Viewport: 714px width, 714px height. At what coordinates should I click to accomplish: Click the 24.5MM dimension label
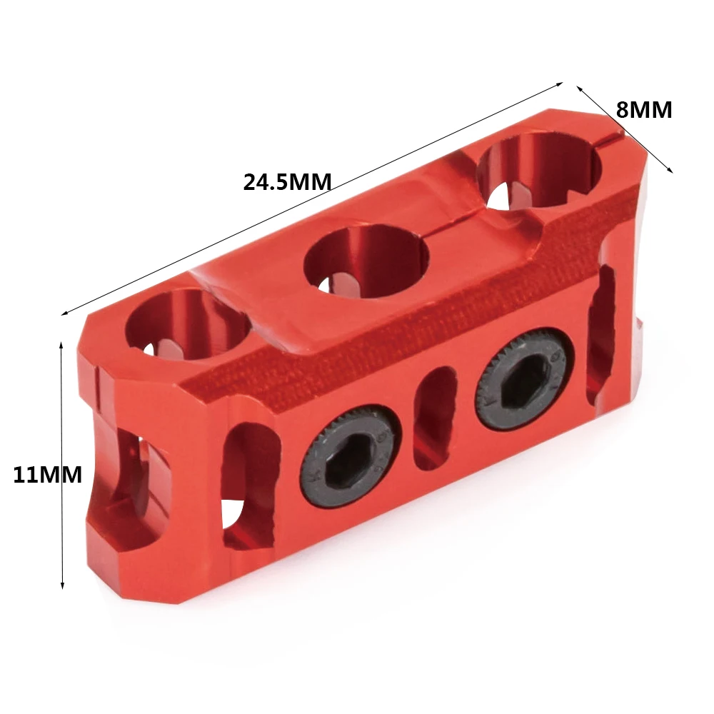287,182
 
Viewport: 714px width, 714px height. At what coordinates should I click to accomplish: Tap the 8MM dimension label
644,110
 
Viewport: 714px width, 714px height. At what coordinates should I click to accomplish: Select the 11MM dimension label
47,475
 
